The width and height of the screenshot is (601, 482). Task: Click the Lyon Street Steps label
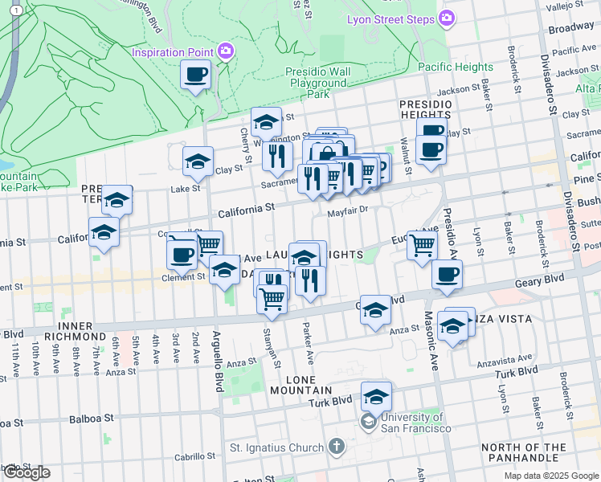tap(392, 18)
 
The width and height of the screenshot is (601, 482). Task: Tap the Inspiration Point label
tap(173, 52)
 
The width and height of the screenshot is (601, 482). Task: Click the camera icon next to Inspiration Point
tap(227, 51)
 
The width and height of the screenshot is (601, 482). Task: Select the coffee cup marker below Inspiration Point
tap(196, 76)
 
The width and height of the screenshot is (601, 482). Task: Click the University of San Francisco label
tap(412, 423)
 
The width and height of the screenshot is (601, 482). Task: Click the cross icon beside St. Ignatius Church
tap(337, 447)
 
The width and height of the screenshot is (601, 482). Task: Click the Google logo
tap(27, 472)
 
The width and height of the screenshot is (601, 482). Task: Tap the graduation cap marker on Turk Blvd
tap(375, 398)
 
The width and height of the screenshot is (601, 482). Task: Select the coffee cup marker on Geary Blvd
tap(447, 275)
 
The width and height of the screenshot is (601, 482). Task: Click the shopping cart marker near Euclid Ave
tap(422, 245)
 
